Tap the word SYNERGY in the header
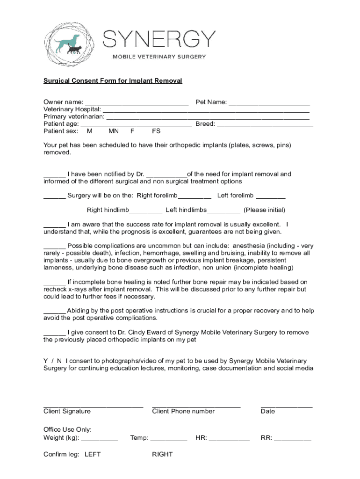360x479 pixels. pos(159,39)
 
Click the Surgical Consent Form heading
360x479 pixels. pos(113,81)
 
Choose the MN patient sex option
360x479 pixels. pos(113,131)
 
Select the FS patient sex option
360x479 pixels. pos(156,131)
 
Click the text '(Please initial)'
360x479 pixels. pos(264,210)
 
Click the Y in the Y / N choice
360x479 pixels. pos(46,361)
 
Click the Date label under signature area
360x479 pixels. pos(268,412)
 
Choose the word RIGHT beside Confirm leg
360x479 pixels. pos(162,454)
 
